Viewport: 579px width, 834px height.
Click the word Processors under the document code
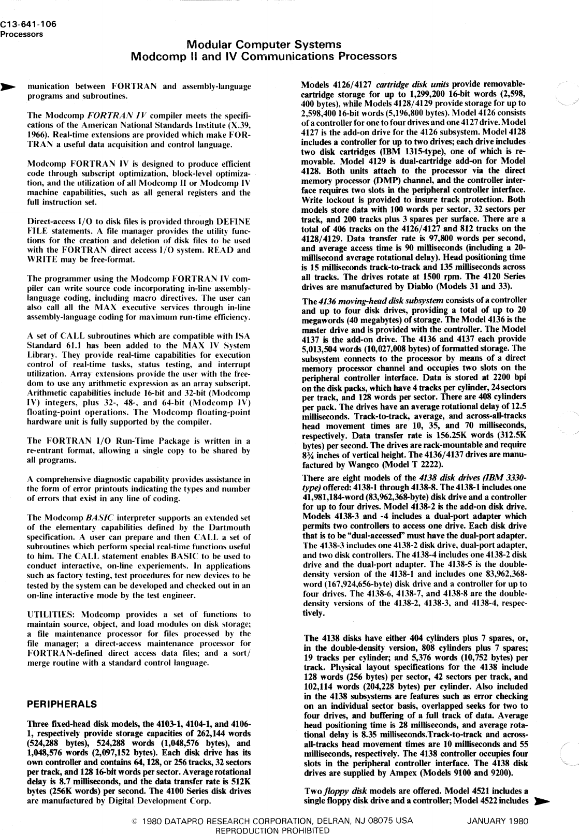(x=21, y=35)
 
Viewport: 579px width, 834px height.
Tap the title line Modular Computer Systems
(x=264, y=45)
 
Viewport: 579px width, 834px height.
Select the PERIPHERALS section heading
(x=61, y=704)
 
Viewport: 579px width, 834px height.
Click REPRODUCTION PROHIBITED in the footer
(x=272, y=830)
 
